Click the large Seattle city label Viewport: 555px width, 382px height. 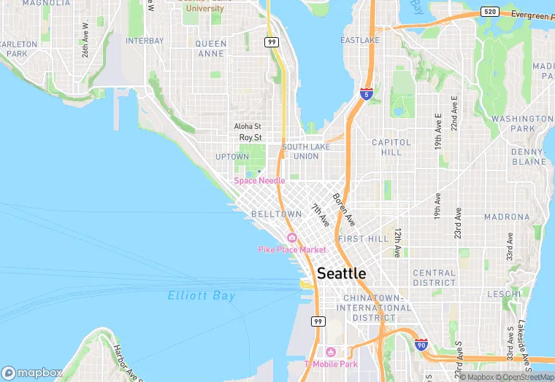342,273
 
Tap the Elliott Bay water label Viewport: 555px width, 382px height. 202,296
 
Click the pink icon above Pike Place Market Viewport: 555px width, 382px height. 292,238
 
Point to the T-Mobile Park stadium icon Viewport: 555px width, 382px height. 332,352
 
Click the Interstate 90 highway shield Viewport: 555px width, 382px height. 421,344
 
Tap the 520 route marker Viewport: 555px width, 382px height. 490,12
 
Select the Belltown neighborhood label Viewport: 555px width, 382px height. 276,214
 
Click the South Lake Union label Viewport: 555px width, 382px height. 300,151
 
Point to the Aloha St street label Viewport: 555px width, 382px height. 248,126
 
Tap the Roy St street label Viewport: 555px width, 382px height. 250,137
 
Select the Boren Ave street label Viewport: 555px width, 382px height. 343,208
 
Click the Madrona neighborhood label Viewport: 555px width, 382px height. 506,217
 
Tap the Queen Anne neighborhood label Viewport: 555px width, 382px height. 211,48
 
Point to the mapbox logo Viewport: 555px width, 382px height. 31,372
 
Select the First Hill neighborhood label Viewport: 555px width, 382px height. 363,239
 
